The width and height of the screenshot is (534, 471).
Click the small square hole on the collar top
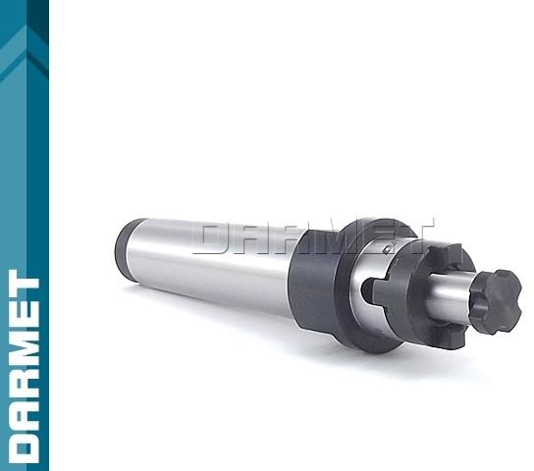pos(386,250)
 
